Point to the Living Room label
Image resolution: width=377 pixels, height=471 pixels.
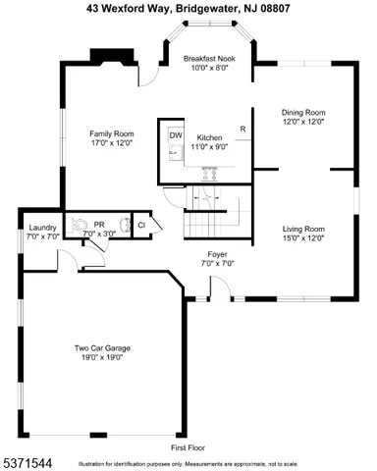coord(303,229)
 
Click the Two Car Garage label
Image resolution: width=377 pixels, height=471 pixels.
coord(103,348)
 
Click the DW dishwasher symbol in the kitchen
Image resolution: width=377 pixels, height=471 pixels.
coord(176,135)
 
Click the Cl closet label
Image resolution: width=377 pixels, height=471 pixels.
coord(141,226)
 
